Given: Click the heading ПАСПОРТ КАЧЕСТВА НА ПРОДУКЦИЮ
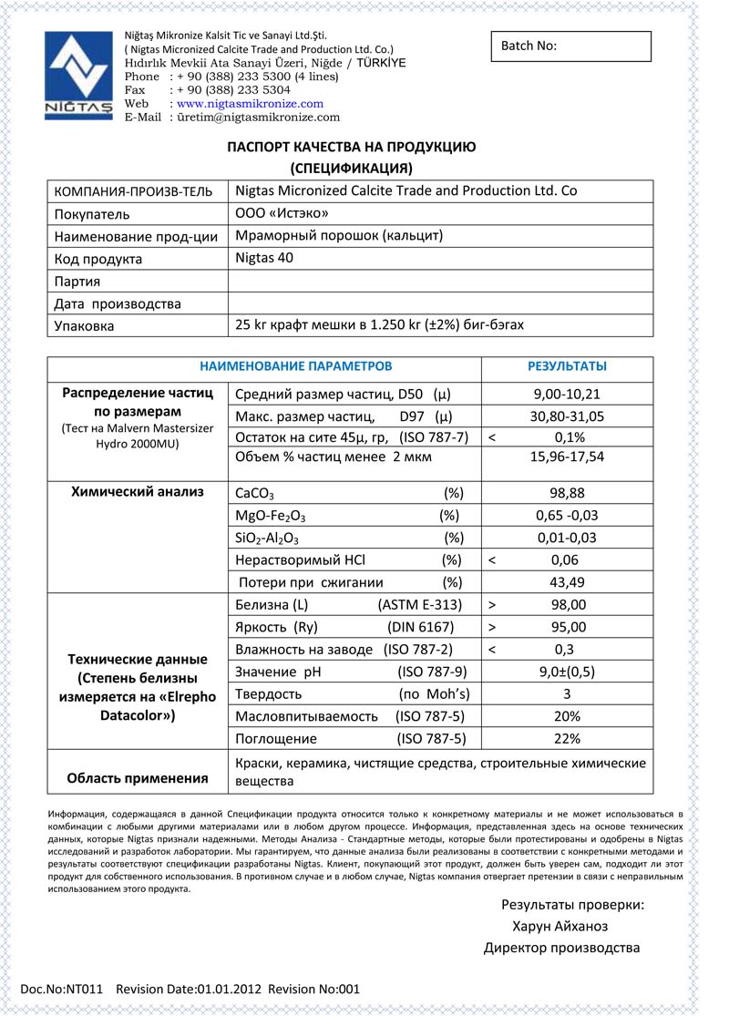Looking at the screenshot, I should [351, 147].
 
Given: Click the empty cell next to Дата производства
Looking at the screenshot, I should [439, 303].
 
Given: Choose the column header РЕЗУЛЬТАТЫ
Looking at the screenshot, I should [567, 366].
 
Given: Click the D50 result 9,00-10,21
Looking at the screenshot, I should [568, 395].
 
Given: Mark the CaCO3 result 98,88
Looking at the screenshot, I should [568, 493].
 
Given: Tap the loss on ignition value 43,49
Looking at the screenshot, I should [568, 582].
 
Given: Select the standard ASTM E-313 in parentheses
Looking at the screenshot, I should [419, 605].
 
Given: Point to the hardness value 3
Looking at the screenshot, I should [568, 694].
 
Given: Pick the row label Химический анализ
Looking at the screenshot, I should [138, 492].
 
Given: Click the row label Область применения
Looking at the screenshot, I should [138, 778].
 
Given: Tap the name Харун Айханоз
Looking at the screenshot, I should [560, 927].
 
